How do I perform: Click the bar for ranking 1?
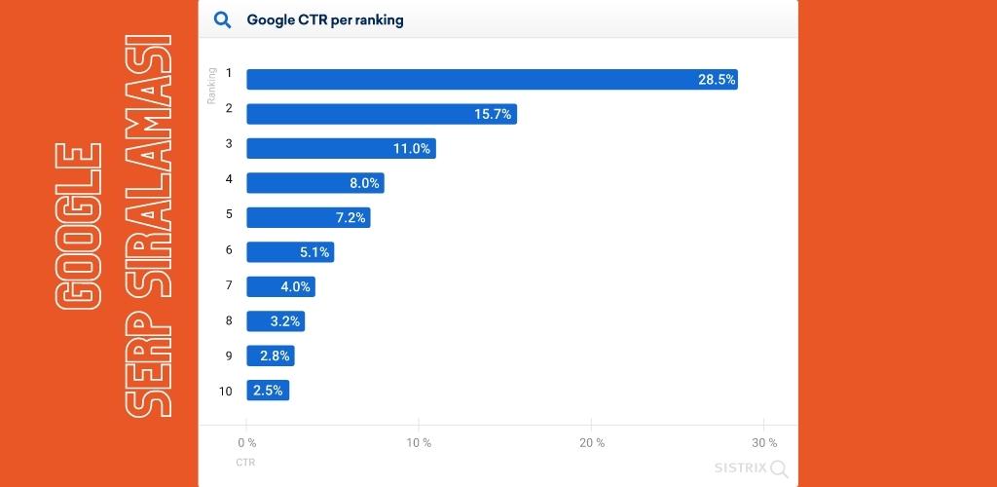click(492, 79)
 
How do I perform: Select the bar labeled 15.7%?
click(381, 114)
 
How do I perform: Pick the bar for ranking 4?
click(314, 183)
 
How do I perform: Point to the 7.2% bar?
click(308, 218)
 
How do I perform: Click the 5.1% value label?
click(314, 253)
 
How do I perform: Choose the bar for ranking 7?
click(280, 287)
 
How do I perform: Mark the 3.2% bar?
click(275, 321)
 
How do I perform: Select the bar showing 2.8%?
click(270, 356)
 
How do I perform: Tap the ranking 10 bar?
click(268, 391)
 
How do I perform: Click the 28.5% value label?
click(717, 80)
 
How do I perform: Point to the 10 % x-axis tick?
click(419, 443)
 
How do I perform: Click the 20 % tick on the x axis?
click(591, 443)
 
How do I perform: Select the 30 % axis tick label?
click(764, 443)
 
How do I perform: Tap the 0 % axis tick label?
click(246, 443)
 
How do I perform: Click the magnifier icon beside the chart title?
click(222, 19)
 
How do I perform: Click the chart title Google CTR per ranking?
click(324, 19)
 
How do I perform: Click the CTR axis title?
click(245, 463)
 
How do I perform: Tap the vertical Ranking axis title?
click(211, 87)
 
